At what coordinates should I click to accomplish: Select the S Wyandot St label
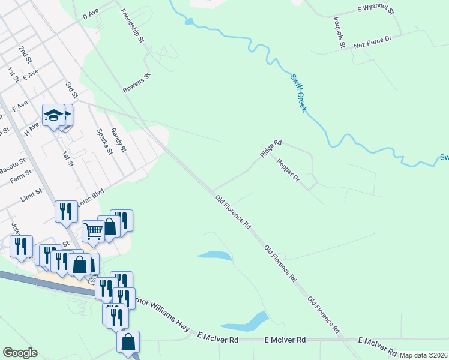(378, 8)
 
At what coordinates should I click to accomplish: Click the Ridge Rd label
(271, 149)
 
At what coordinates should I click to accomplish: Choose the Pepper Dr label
(288, 170)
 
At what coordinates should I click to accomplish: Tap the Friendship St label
(132, 26)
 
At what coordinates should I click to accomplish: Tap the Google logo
(20, 353)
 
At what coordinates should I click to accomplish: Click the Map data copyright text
(424, 355)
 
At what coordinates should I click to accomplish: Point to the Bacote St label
(13, 163)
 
